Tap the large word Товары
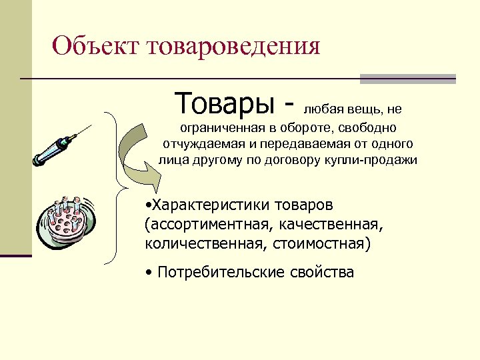tap(224, 103)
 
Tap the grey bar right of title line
tap(407, 79)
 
